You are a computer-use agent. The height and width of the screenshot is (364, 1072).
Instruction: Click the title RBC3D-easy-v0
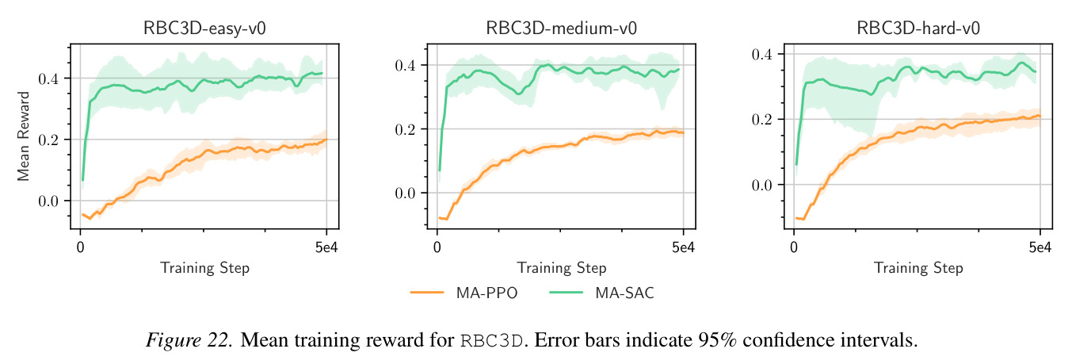pyautogui.click(x=204, y=29)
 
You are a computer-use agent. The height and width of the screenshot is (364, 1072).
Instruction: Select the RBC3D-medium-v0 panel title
pyautogui.click(x=562, y=29)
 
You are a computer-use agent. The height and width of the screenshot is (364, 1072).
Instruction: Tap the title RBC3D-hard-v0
pyautogui.click(x=918, y=29)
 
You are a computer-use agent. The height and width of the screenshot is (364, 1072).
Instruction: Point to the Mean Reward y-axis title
pyautogui.click(x=24, y=136)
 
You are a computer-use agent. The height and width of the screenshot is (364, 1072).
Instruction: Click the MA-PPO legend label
pyautogui.click(x=486, y=293)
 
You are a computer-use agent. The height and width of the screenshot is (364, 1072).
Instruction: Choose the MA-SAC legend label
pyautogui.click(x=624, y=293)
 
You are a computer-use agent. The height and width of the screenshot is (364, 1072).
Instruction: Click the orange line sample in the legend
pyautogui.click(x=427, y=293)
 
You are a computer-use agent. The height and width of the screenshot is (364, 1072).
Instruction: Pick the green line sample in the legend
pyautogui.click(x=567, y=293)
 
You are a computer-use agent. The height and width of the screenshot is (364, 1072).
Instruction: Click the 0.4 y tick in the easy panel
pyautogui.click(x=48, y=79)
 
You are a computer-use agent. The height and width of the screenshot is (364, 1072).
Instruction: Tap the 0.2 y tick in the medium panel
pyautogui.click(x=405, y=129)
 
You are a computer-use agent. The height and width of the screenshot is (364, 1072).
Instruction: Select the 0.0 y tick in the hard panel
pyautogui.click(x=762, y=185)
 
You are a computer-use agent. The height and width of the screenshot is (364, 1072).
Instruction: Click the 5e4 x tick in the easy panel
pyautogui.click(x=326, y=247)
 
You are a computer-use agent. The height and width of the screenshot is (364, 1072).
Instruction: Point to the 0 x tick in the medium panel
pyautogui.click(x=437, y=247)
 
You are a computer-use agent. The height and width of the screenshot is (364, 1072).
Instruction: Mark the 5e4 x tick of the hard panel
pyautogui.click(x=1040, y=247)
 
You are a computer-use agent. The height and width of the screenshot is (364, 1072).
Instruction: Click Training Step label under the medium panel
pyautogui.click(x=562, y=268)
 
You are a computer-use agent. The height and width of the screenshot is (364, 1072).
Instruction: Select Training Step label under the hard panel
pyautogui.click(x=918, y=268)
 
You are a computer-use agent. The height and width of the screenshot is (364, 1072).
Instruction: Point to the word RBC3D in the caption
pyautogui.click(x=491, y=340)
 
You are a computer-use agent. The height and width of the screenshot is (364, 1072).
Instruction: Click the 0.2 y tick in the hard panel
pyautogui.click(x=762, y=119)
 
